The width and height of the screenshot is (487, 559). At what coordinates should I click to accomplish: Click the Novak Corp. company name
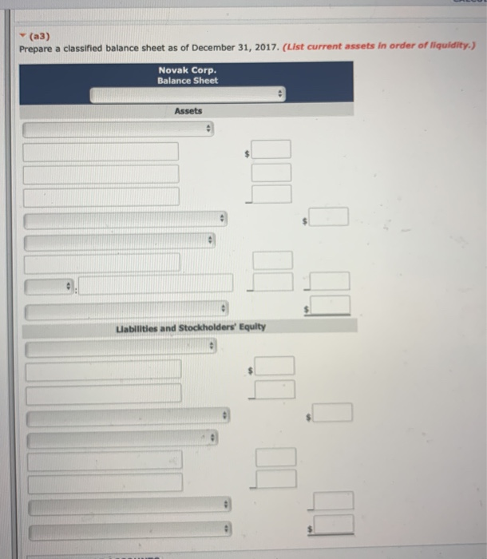pyautogui.click(x=187, y=70)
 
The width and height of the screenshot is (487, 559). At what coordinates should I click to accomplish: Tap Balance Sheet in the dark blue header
pyautogui.click(x=187, y=81)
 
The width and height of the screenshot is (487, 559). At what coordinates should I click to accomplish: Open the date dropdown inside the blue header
pyautogui.click(x=187, y=95)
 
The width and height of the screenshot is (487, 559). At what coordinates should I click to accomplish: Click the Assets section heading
pyautogui.click(x=188, y=111)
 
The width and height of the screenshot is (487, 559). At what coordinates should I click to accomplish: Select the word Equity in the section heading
pyautogui.click(x=251, y=327)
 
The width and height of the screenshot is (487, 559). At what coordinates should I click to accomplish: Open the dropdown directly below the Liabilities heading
pyautogui.click(x=121, y=348)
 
